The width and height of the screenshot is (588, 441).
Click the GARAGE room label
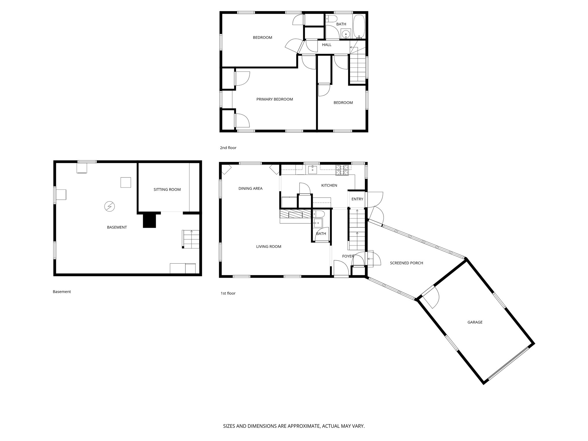click(475, 322)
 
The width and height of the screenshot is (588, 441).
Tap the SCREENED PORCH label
click(406, 263)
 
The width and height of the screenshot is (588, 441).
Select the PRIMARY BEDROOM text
click(274, 99)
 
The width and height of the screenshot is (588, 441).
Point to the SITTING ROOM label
click(167, 189)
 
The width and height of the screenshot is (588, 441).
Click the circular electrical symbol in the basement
click(109, 206)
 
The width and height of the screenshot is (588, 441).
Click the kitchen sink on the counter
click(312, 170)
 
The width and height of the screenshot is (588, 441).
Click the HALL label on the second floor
click(327, 45)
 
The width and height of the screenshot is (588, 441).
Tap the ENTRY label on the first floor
click(357, 199)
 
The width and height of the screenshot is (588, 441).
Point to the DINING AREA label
click(250, 189)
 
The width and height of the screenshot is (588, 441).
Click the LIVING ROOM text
click(268, 246)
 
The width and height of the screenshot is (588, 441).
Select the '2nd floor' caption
click(228, 148)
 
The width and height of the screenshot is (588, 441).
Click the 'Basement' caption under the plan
click(62, 292)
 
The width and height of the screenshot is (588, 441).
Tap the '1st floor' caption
click(228, 293)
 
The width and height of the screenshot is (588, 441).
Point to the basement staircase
click(191, 239)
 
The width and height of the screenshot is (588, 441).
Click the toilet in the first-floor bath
click(318, 214)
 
